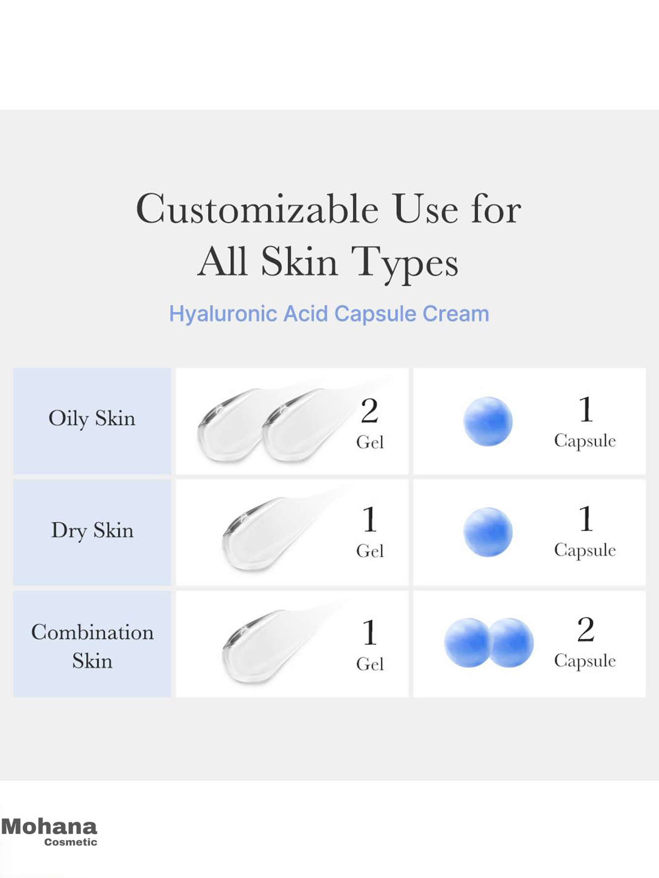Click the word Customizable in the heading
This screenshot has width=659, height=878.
click(258, 209)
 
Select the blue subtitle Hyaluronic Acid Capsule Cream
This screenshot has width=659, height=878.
click(329, 314)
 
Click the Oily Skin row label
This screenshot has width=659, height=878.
click(92, 419)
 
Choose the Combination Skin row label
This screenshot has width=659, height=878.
click(92, 646)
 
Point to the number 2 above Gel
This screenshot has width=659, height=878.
click(369, 411)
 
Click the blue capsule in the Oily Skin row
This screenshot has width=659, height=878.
click(488, 422)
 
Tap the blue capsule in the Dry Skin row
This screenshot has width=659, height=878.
click(488, 532)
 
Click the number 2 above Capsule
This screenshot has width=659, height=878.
click(586, 629)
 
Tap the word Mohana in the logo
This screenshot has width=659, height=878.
click(49, 826)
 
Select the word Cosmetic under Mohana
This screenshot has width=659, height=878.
click(71, 842)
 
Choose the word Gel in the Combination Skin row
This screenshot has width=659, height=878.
click(370, 664)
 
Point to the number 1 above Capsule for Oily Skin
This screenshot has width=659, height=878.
click(585, 409)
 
